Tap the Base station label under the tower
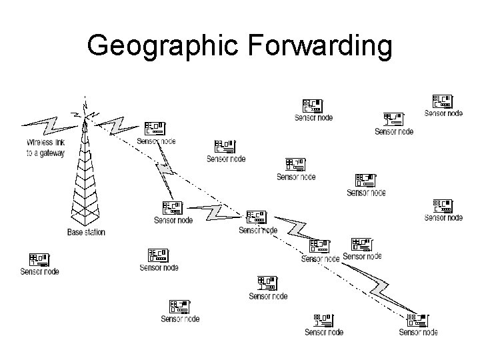(86, 233)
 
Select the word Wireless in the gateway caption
(40, 143)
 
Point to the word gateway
(51, 153)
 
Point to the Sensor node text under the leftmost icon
(39, 271)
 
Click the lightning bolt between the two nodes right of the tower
(164, 170)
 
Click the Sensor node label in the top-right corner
(443, 113)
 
